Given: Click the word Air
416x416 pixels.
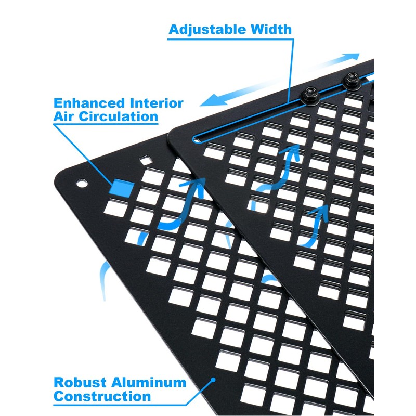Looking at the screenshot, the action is [63, 116].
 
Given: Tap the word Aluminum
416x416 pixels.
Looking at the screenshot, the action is [150, 384].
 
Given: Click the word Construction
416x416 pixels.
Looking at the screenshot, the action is [102, 397].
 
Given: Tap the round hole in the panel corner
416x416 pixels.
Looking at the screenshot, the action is [82, 184].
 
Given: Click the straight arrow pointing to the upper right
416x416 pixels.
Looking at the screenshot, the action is [333, 65].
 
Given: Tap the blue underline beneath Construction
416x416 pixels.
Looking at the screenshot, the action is [102, 404].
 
